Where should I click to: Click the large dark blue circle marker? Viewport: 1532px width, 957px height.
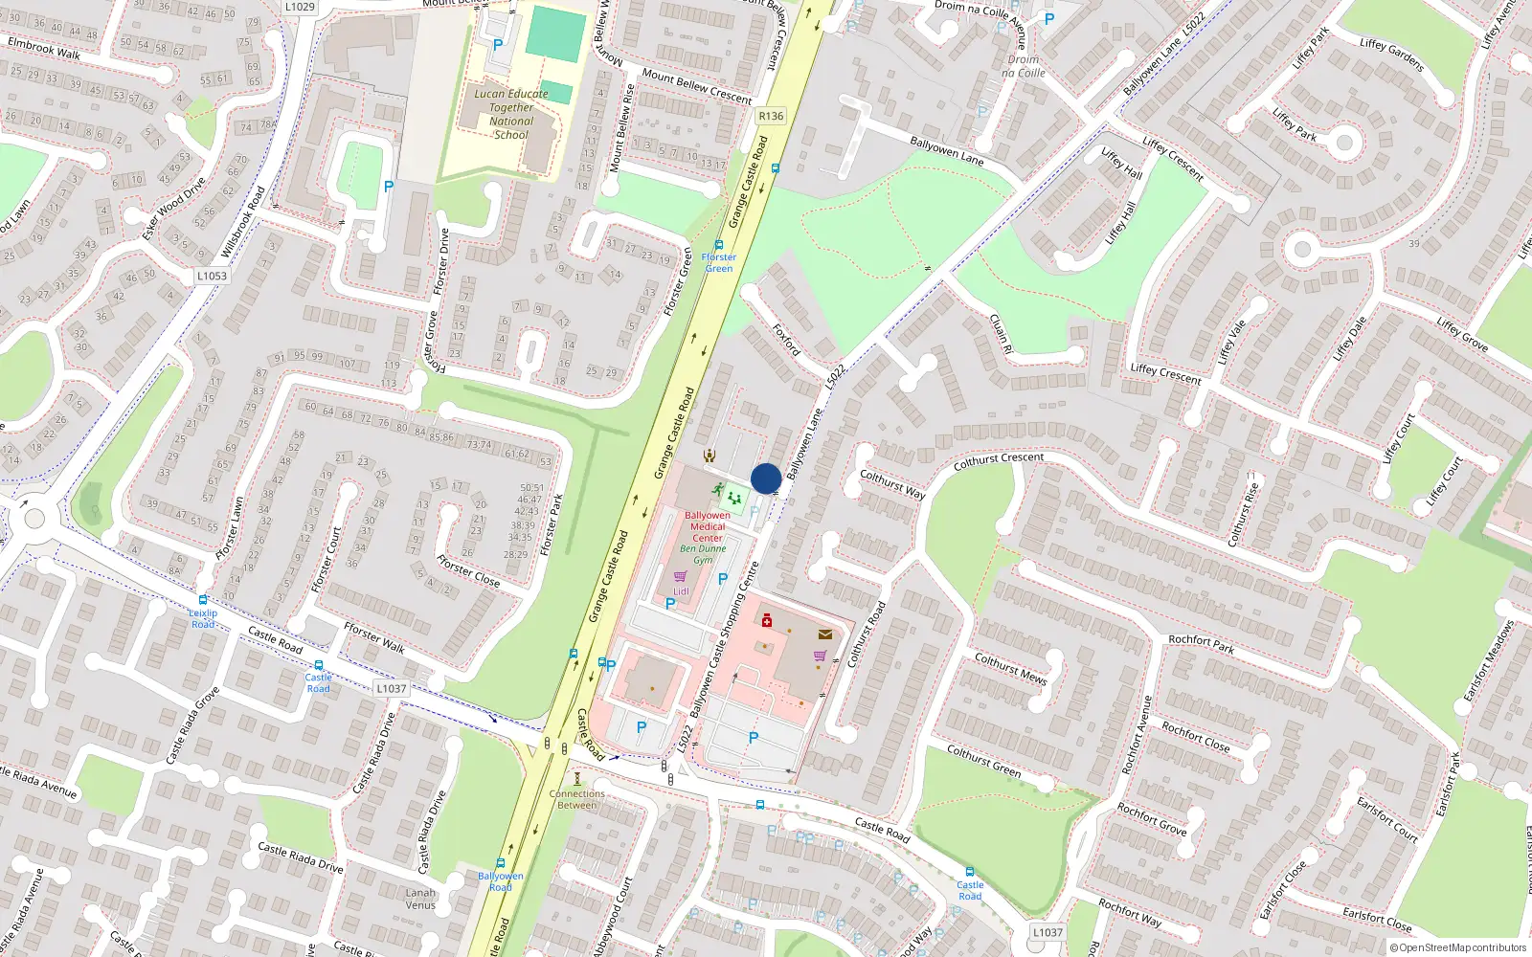[x=766, y=478]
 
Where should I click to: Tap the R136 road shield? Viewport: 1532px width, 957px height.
[x=770, y=116]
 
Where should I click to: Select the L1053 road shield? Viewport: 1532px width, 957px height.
[x=212, y=276]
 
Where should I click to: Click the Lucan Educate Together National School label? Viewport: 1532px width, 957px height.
[x=511, y=114]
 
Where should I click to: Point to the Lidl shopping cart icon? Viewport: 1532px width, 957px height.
[x=680, y=577]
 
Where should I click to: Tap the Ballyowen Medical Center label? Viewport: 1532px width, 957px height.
[x=708, y=526]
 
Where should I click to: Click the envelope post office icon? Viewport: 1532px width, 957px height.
[x=824, y=634]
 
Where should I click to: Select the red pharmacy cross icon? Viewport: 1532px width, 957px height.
[x=767, y=621]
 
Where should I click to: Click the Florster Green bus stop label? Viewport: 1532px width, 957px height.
[x=719, y=262]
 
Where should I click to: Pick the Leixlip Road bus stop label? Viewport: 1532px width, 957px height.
[x=203, y=618]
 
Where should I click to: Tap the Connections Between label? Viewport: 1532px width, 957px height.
[x=576, y=799]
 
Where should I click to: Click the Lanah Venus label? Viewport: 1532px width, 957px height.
[x=420, y=899]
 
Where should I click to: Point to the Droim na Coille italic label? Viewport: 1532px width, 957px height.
[x=1024, y=66]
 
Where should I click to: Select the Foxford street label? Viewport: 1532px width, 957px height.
[x=786, y=340]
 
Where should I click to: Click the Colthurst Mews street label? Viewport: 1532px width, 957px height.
[x=1010, y=667]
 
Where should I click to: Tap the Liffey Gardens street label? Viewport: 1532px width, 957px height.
[x=1392, y=55]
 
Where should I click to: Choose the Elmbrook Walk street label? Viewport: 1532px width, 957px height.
[x=44, y=48]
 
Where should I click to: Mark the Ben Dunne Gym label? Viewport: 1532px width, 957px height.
[x=703, y=554]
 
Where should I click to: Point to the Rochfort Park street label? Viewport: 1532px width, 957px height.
[x=1201, y=644]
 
